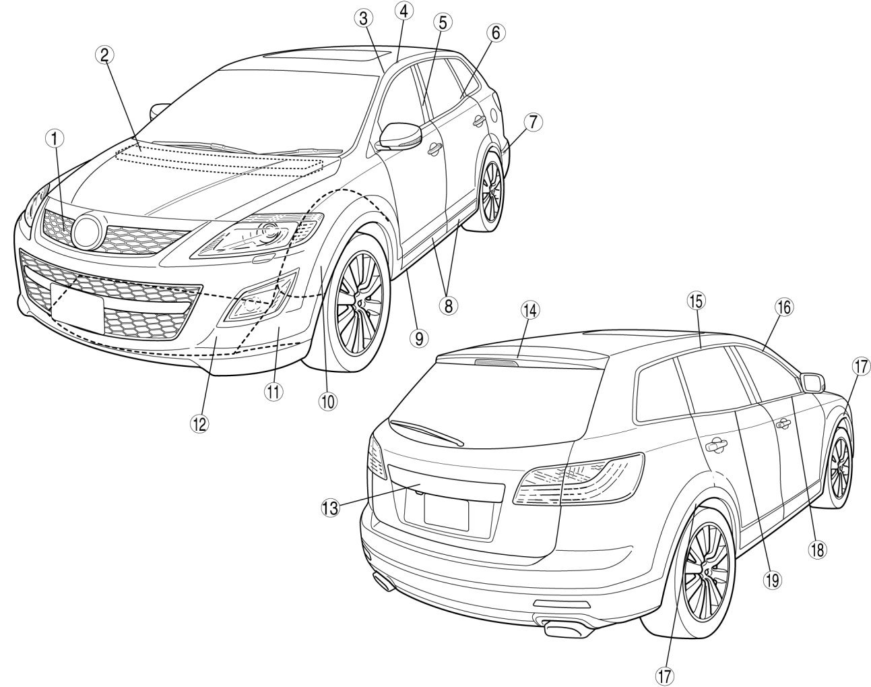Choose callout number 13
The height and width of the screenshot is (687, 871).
click(x=329, y=508)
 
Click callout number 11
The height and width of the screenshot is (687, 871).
click(x=272, y=392)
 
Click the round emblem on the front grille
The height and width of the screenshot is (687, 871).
click(x=88, y=231)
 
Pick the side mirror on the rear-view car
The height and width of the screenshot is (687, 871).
click(x=812, y=382)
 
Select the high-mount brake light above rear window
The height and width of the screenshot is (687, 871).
click(x=497, y=361)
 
